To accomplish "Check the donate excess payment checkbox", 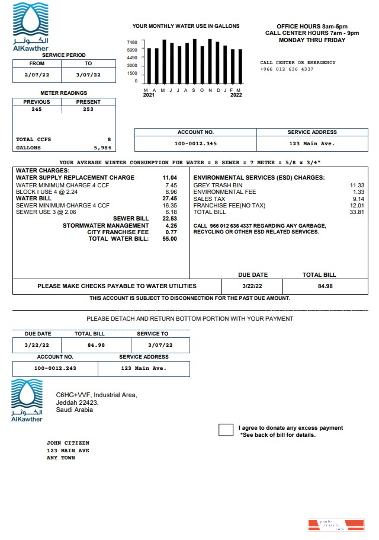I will [x=226, y=430].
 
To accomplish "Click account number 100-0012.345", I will [x=195, y=144].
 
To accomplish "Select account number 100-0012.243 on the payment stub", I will [x=55, y=368].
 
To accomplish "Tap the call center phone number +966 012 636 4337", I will [x=287, y=69].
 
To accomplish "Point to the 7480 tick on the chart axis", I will [x=132, y=43].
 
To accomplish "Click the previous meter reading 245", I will [x=37, y=109].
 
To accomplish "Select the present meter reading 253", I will [x=88, y=109].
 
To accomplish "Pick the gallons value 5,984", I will [x=102, y=148].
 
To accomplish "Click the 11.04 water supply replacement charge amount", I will [x=169, y=178].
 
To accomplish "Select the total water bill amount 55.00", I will [x=169, y=239].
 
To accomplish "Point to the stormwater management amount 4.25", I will [x=171, y=226].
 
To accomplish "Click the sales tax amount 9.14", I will [x=358, y=199].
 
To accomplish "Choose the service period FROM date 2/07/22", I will [x=37, y=75].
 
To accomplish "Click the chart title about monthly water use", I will [x=186, y=27].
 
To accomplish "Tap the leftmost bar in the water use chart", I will [x=149, y=66].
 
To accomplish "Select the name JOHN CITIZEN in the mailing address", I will [x=68, y=443].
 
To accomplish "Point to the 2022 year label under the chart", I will [x=236, y=95].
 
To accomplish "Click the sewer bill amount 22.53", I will [x=169, y=219].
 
